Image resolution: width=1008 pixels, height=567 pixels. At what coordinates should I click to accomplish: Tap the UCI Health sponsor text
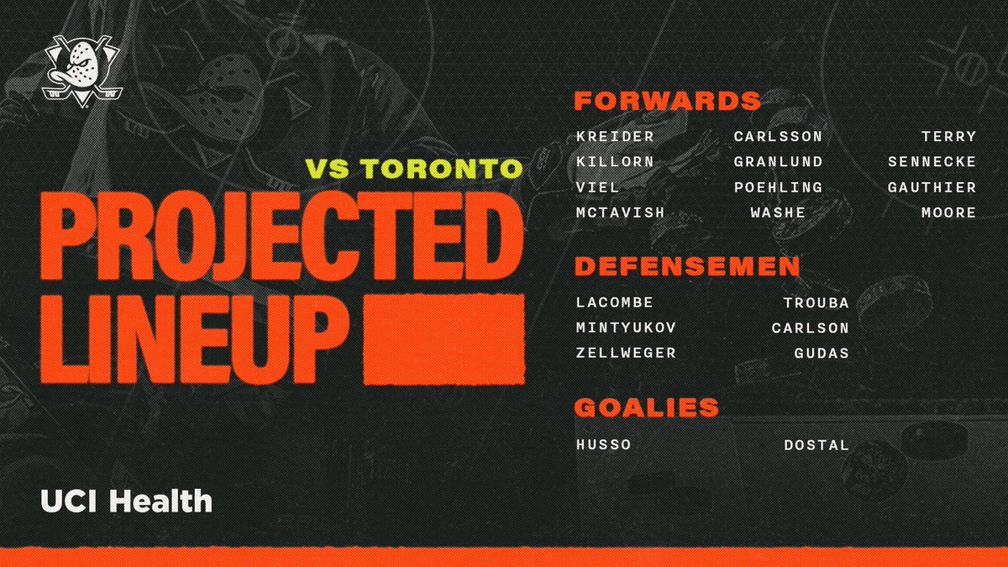coord(126,502)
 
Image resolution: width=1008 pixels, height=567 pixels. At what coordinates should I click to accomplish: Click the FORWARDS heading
coord(667,102)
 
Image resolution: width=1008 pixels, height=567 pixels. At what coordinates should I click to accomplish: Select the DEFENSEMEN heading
coord(686,266)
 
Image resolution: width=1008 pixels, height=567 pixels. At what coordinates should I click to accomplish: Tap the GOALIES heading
coord(646,407)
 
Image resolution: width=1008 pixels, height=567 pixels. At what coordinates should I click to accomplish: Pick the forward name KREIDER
coord(615,137)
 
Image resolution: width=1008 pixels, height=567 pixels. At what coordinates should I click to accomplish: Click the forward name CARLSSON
coord(778,137)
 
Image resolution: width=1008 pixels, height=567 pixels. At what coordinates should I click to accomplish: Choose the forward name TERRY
coord(949,137)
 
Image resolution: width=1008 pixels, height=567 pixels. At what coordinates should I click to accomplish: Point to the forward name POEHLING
coord(778,187)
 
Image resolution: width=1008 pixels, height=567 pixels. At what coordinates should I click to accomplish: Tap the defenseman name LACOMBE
coord(615,302)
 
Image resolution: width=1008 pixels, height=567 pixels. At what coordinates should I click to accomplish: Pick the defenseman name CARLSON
coord(811,328)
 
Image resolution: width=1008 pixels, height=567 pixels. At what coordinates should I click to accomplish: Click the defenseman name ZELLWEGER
coord(626,353)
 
